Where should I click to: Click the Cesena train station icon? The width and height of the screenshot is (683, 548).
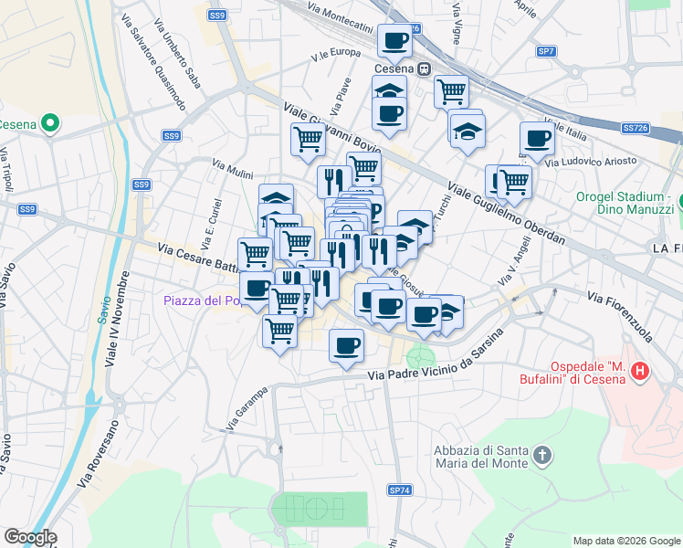425,69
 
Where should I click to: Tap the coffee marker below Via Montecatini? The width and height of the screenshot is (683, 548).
394,40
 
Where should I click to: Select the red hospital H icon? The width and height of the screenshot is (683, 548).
640,371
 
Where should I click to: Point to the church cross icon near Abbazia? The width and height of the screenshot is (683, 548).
543,455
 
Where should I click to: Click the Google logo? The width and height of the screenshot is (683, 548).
30,537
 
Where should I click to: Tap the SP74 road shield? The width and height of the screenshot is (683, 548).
400,490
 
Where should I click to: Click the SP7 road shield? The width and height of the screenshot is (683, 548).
546,51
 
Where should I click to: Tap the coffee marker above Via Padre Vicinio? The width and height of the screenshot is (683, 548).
346,345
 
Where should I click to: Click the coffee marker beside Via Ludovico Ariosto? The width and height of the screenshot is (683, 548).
537,138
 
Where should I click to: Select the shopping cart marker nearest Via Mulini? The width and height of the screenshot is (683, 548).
309,139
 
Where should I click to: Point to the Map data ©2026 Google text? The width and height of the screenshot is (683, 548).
625,541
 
